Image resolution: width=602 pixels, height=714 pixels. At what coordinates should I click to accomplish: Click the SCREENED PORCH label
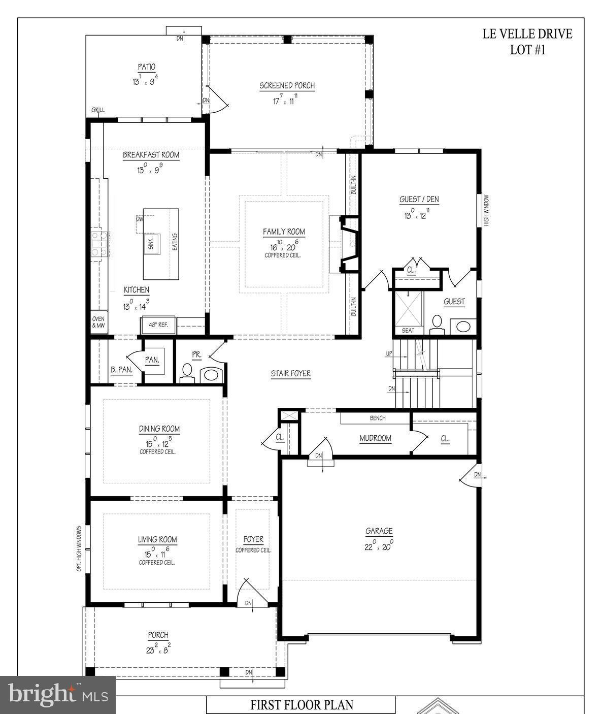click(x=287, y=86)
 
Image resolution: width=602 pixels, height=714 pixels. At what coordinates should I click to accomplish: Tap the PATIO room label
click(x=146, y=67)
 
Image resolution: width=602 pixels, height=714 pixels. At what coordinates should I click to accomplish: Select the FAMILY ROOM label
click(x=284, y=232)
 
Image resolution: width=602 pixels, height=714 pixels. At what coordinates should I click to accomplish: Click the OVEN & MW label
click(x=98, y=322)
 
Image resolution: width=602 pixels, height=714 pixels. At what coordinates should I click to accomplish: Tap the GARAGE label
click(x=379, y=531)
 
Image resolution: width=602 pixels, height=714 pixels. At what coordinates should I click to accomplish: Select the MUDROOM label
click(x=375, y=438)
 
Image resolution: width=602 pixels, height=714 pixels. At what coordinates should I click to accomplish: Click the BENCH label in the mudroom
click(x=378, y=418)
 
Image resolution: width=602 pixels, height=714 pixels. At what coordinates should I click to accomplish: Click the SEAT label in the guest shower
click(x=408, y=331)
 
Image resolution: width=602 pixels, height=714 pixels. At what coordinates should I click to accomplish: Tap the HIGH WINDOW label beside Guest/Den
click(x=486, y=210)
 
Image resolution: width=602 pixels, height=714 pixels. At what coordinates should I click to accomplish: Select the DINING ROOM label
click(x=159, y=429)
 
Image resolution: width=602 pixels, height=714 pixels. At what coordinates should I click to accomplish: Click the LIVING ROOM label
click(x=157, y=540)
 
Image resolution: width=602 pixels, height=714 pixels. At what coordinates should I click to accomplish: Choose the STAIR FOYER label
click(x=290, y=374)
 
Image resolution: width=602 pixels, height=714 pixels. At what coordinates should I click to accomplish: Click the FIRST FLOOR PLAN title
click(x=302, y=705)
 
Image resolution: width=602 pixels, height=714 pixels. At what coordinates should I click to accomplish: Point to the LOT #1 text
click(x=527, y=50)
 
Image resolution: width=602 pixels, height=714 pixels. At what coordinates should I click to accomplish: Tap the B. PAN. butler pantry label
click(x=121, y=370)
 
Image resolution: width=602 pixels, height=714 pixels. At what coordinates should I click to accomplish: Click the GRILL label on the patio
click(x=98, y=110)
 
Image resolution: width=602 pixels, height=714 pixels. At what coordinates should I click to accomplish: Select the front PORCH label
click(x=158, y=635)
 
